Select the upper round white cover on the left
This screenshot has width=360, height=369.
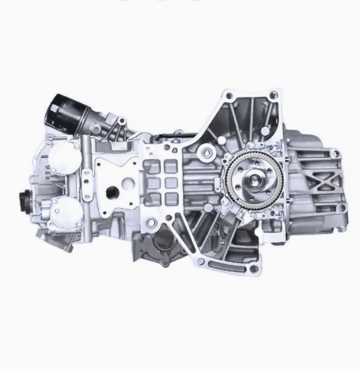coord(62,156)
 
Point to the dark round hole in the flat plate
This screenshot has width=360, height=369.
coord(112,192)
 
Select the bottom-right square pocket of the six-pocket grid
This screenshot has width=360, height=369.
coord(172,199)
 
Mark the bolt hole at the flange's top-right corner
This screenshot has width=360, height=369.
coord(274,94)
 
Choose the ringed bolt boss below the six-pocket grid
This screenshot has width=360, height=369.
coord(151,221)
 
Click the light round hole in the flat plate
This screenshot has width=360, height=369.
coord(129,183)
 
